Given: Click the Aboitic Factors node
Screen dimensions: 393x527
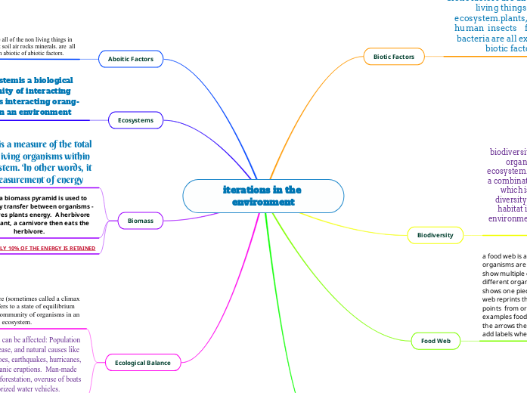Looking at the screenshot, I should [130, 58].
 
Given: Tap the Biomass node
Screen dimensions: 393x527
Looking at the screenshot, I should [140, 221].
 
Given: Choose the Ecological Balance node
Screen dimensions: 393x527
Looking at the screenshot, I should [143, 363].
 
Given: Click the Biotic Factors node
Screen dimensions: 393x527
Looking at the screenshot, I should [394, 57].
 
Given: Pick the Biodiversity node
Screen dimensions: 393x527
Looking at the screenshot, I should [436, 235].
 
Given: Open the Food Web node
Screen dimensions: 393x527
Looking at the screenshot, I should [436, 341].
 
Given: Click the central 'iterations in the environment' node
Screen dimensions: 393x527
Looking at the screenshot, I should [262, 196].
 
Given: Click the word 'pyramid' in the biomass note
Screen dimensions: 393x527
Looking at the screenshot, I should [66, 198].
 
